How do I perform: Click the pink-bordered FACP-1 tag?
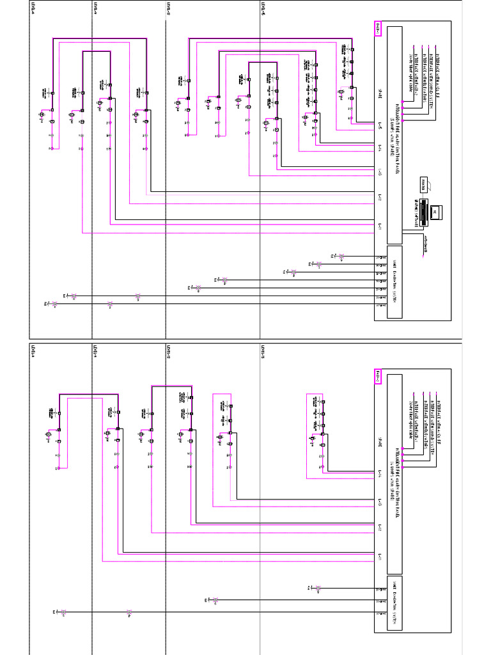tap(377, 28)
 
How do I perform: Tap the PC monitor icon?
tap(435, 211)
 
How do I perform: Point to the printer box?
tap(423, 185)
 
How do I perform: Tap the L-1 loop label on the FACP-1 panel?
tap(380, 226)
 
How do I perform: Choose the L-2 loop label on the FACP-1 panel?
tap(380, 200)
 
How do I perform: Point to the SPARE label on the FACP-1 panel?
tap(380, 90)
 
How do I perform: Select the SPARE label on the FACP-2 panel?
tap(380, 439)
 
